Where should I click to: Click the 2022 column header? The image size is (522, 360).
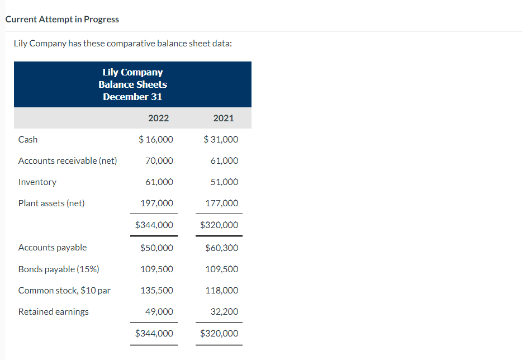click(158, 118)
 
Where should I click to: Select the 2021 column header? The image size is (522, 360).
click(224, 118)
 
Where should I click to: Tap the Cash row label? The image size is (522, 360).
click(28, 139)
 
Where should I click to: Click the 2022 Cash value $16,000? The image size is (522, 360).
click(155, 139)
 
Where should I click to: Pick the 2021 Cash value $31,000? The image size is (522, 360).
click(221, 139)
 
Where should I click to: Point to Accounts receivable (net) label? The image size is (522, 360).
click(68, 161)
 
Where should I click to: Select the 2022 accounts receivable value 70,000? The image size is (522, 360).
click(159, 161)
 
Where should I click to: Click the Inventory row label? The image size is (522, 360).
click(37, 182)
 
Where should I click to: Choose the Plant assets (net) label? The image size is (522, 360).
click(51, 203)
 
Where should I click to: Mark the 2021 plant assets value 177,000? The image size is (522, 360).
click(222, 203)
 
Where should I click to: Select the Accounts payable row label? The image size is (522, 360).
click(53, 248)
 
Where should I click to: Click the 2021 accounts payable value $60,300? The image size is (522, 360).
click(221, 248)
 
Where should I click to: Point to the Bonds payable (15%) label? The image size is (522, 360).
click(59, 269)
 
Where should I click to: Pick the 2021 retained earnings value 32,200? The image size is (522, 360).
click(224, 312)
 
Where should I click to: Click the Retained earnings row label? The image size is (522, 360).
click(54, 312)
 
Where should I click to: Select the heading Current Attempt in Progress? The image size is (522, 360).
click(62, 20)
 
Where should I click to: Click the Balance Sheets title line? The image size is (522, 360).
click(132, 84)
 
